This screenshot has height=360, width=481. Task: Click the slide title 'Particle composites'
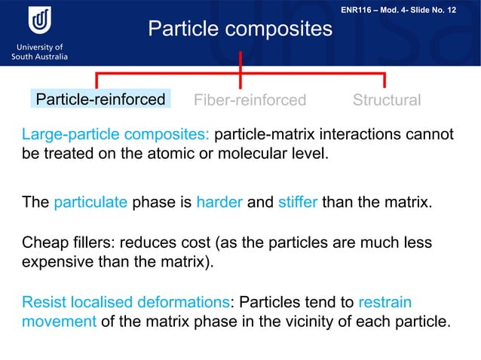[240, 29]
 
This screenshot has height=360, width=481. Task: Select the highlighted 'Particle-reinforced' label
[101, 99]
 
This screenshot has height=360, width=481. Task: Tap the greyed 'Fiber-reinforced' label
[250, 100]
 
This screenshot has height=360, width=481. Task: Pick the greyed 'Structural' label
[387, 100]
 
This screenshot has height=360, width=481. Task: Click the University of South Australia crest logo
[39, 21]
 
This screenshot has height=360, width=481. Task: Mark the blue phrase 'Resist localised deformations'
[125, 302]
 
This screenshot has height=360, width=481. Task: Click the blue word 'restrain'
[384, 302]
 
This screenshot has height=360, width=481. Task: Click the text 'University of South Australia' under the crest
[39, 51]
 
